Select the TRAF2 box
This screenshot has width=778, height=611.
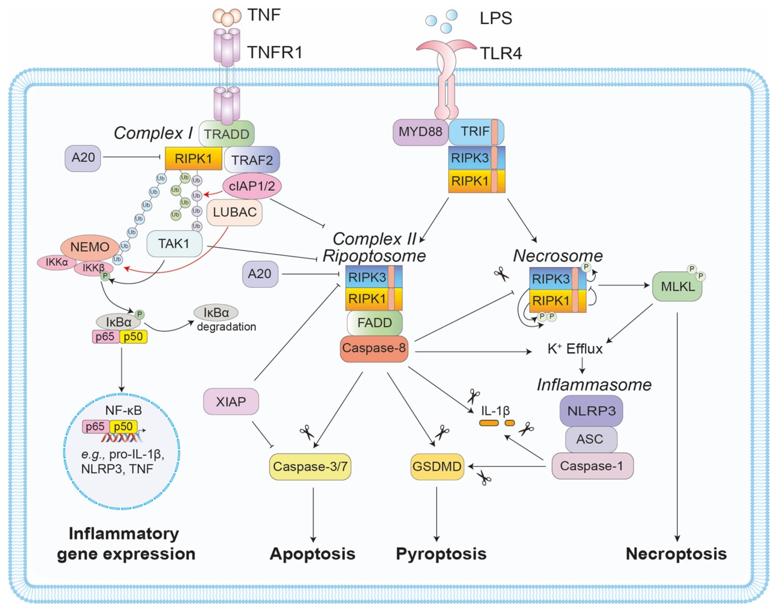pyautogui.click(x=252, y=160)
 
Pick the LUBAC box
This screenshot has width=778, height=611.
pyautogui.click(x=235, y=212)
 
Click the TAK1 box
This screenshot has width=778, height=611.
pyautogui.click(x=174, y=244)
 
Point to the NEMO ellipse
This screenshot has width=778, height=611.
pyautogui.click(x=89, y=247)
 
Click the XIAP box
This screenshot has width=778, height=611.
pyautogui.click(x=231, y=401)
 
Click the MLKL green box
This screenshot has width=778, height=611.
pyautogui.click(x=677, y=286)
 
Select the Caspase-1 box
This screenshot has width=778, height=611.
pyautogui.click(x=592, y=466)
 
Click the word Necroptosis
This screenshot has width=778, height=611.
pyautogui.click(x=676, y=553)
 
